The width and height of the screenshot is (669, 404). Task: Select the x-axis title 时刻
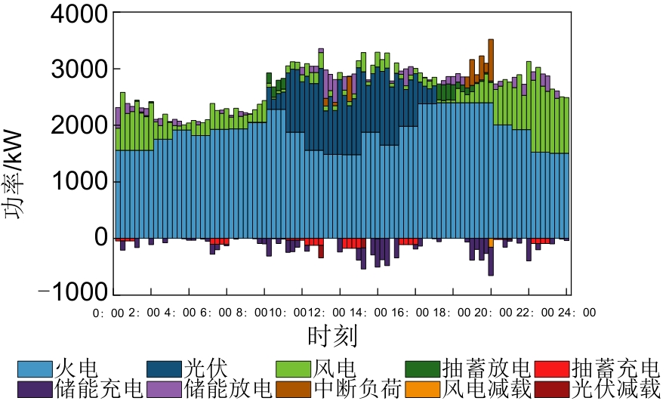(x=332, y=334)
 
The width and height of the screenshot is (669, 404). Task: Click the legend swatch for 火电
(x=35, y=370)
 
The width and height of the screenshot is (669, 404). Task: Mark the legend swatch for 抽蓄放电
(x=423, y=370)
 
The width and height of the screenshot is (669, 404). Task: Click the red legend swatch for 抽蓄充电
(x=552, y=370)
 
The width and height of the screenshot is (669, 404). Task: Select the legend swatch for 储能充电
(x=35, y=390)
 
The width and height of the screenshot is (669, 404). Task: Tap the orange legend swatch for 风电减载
(x=423, y=390)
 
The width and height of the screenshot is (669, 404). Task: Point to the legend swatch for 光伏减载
(x=552, y=390)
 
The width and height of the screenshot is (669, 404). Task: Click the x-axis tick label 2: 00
(x=141, y=312)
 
